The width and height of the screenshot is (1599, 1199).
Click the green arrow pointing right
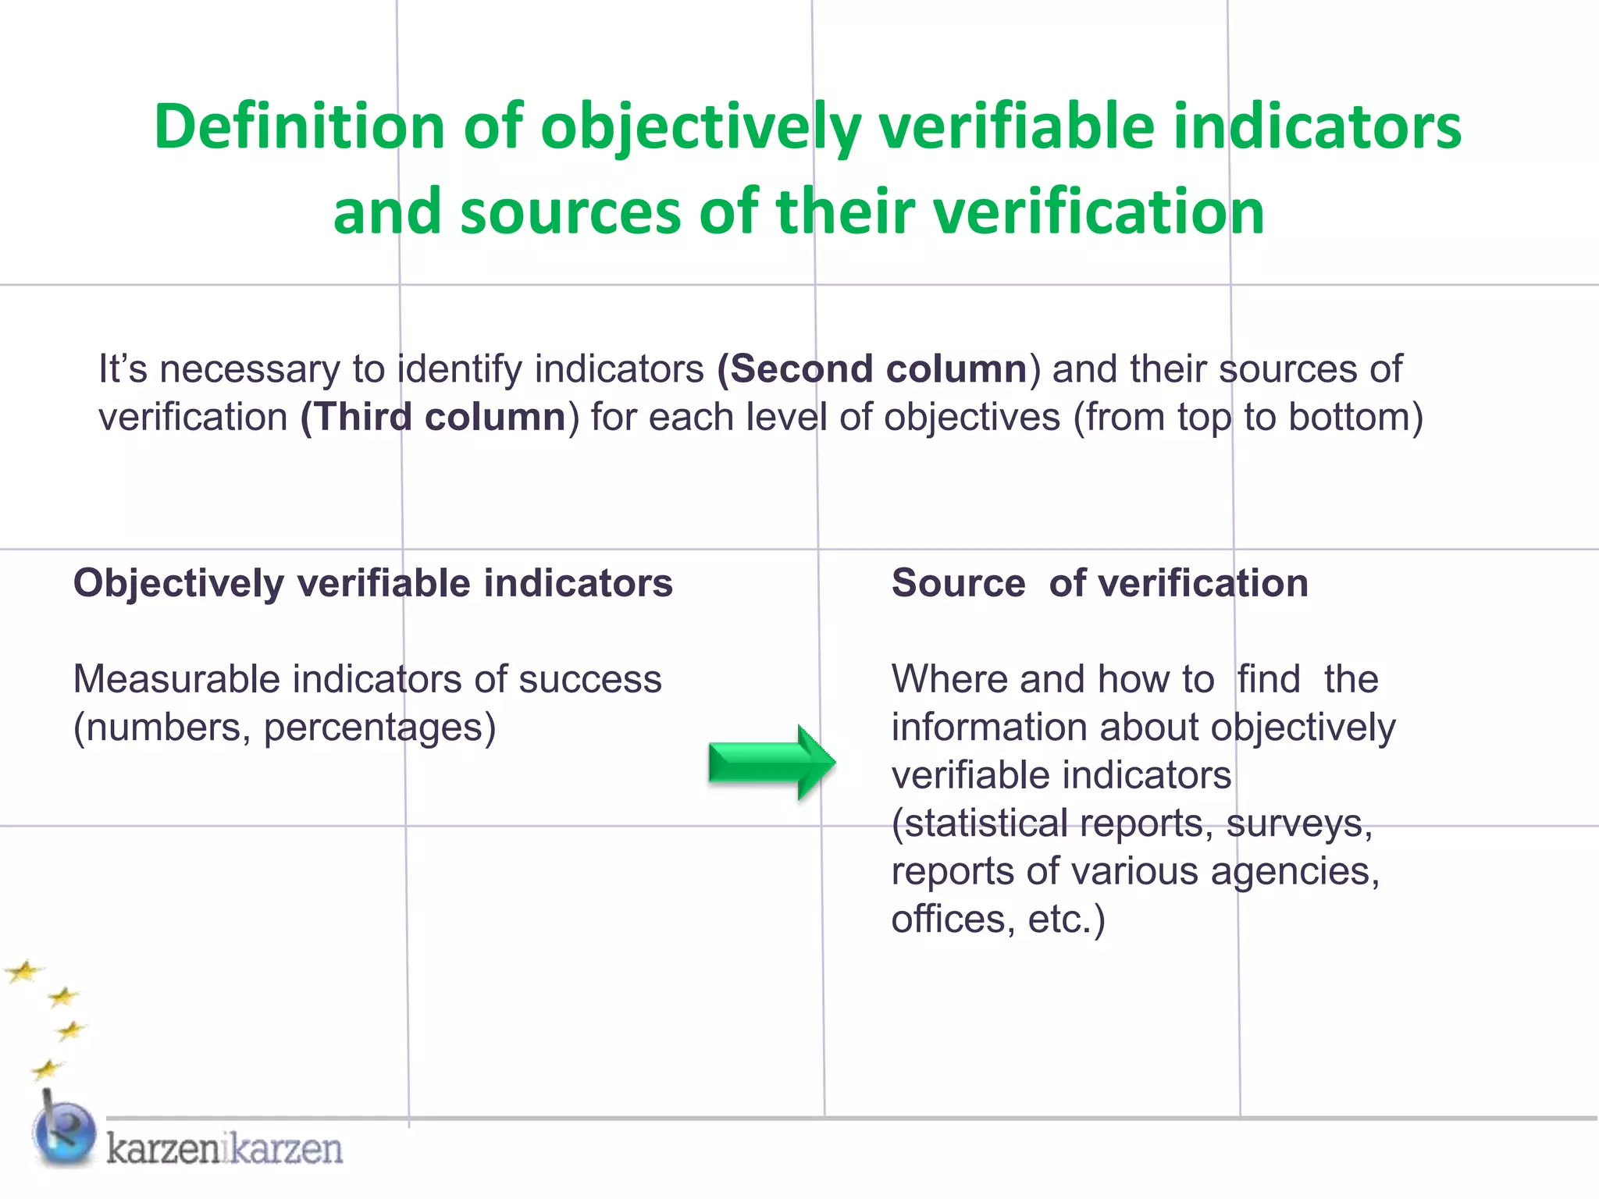771,763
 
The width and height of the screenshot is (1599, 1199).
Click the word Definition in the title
299,126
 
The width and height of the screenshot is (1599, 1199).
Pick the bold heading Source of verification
1099,583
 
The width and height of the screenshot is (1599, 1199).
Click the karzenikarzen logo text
225,1149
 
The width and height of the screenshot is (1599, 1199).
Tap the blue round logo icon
65,1132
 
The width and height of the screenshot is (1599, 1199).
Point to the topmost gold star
24,972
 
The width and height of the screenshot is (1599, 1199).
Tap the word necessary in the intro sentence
250,368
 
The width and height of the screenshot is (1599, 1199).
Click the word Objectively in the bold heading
179,583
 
